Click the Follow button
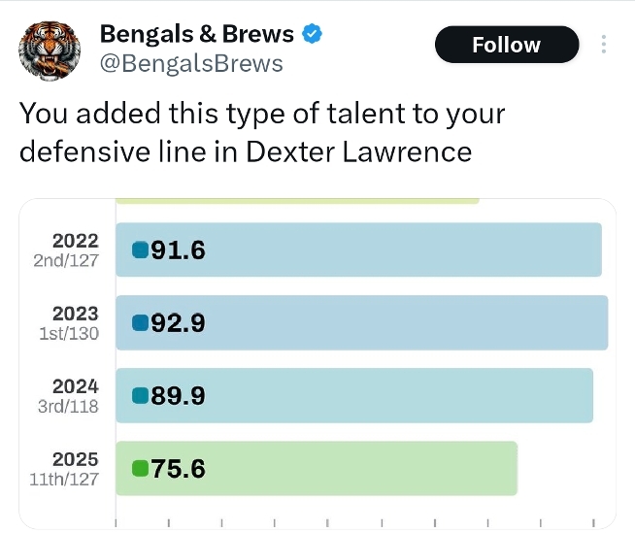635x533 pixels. (x=506, y=45)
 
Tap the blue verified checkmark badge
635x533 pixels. (x=312, y=35)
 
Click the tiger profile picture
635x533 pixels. (x=48, y=50)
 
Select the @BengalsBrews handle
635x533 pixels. (x=191, y=64)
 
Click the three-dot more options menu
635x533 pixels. (x=604, y=45)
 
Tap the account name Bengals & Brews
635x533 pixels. (x=196, y=35)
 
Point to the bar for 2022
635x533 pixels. (x=358, y=250)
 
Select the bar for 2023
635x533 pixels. (x=361, y=322)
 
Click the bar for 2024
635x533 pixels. (x=354, y=395)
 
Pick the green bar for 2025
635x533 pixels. (x=317, y=468)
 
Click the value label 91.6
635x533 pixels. (x=179, y=250)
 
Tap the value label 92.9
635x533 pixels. (x=179, y=323)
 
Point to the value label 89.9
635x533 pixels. (x=179, y=396)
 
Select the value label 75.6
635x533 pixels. (x=179, y=469)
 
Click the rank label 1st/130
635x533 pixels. (x=69, y=333)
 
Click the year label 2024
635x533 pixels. (x=76, y=386)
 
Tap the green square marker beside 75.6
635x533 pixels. (x=140, y=469)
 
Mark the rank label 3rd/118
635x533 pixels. (x=68, y=406)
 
